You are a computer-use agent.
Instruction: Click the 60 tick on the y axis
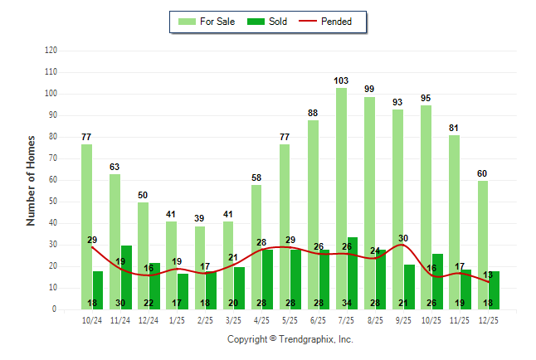(x=53, y=180)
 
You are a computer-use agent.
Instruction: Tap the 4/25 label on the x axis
(x=261, y=320)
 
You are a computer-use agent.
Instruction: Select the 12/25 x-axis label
(x=487, y=320)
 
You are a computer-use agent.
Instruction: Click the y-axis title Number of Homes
(x=31, y=180)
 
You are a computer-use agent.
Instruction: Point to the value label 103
(x=341, y=80)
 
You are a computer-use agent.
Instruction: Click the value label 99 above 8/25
(x=369, y=89)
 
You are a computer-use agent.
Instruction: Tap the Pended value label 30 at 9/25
(x=403, y=239)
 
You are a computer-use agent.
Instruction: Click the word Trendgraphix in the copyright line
(x=307, y=339)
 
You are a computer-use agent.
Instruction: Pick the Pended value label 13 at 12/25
(x=488, y=275)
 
